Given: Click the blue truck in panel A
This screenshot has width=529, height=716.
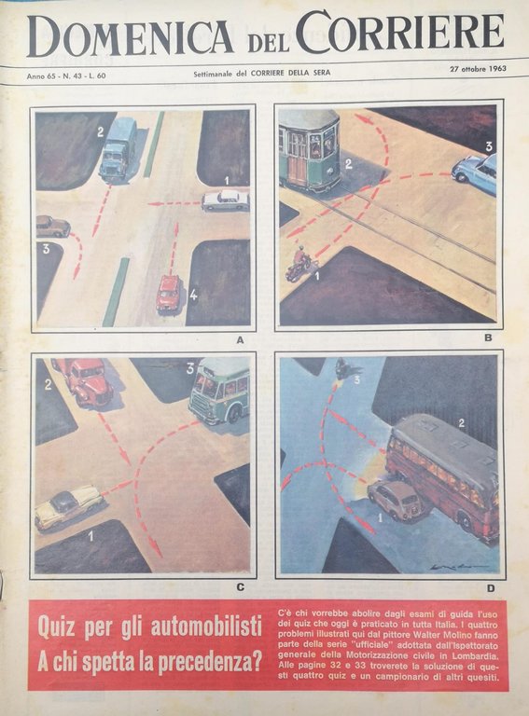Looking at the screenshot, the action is tap(118, 149).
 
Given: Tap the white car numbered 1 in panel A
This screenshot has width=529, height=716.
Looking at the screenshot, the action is tap(226, 200).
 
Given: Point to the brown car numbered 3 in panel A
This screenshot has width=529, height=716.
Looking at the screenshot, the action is tap(52, 227).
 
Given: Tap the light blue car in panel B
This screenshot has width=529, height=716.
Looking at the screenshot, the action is tap(475, 173).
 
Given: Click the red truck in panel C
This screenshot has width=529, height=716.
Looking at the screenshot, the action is tap(85, 380).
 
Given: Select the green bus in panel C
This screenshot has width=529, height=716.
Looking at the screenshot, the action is tap(220, 391).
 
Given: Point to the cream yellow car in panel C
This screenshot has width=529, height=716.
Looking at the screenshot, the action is tap(69, 507).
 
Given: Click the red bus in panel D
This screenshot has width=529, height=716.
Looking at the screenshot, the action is tap(443, 475).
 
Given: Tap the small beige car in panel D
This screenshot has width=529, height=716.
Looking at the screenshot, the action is tap(396, 500).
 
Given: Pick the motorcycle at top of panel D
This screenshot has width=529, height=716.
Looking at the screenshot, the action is tap(341, 368).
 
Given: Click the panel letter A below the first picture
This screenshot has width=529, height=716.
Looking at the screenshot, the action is tap(240, 339).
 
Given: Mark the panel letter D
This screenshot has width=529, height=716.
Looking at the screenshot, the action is tap(491, 588).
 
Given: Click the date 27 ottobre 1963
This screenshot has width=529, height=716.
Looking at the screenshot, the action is tap(478, 69).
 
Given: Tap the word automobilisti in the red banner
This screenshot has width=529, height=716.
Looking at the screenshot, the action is tap(206, 627).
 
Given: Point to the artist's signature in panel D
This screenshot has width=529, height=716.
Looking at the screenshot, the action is tap(459, 566).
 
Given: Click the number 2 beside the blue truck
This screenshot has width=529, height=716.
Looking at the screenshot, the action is tap(100, 132).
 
